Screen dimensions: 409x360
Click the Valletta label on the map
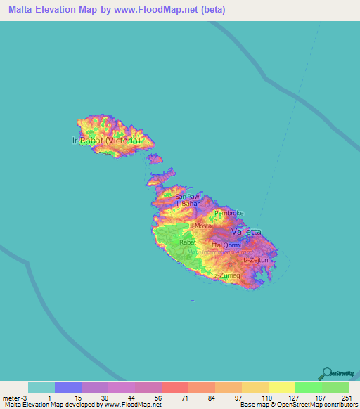pyautogui.click(x=246, y=231)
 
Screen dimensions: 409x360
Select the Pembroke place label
pyautogui.click(x=229, y=213)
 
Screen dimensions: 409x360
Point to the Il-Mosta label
pyautogui.click(x=201, y=226)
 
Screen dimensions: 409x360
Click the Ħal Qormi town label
pyautogui.click(x=226, y=245)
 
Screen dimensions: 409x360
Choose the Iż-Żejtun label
pyautogui.click(x=256, y=260)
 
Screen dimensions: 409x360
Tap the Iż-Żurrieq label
pyautogui.click(x=226, y=275)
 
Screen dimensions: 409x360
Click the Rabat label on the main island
pyautogui.click(x=187, y=242)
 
